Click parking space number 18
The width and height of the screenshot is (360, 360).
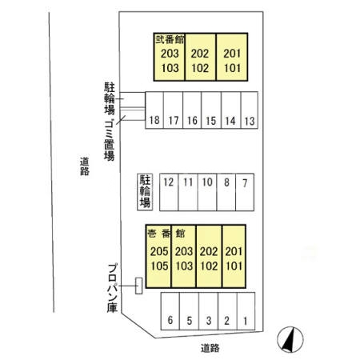[154, 110]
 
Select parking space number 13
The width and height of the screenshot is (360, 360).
[250, 110]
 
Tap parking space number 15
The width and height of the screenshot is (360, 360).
[211, 110]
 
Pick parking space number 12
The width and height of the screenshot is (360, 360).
[169, 192]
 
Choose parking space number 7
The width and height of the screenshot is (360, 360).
[245, 192]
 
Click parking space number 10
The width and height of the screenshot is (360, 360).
[207, 192]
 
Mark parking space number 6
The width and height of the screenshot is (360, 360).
[170, 311]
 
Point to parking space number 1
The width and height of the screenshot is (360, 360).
[246, 311]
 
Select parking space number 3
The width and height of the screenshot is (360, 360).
[209, 311]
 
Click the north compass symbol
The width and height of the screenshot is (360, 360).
[290, 339]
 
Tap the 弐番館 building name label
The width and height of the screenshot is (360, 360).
[170, 40]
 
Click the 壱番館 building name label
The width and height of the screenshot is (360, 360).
[166, 234]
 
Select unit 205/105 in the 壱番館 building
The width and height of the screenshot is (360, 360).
[158, 256]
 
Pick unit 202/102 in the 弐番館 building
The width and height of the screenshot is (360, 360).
[200, 57]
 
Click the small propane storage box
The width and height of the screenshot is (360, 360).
[138, 286]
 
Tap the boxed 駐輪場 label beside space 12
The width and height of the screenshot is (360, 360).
[145, 192]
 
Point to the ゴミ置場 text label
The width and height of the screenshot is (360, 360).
[110, 140]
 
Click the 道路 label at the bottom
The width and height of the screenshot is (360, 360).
[210, 348]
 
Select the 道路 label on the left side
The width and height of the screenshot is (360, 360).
[85, 166]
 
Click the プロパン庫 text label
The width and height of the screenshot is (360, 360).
[113, 288]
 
